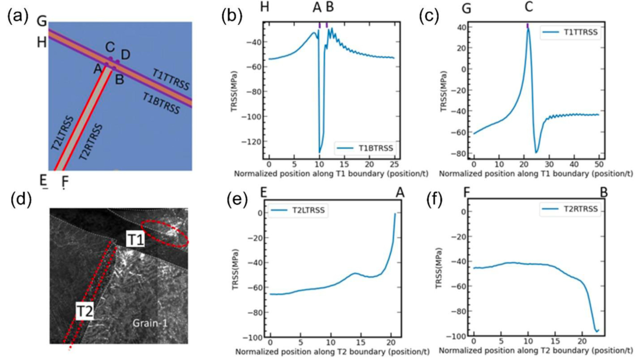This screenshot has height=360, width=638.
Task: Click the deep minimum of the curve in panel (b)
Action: click(x=320, y=151)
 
